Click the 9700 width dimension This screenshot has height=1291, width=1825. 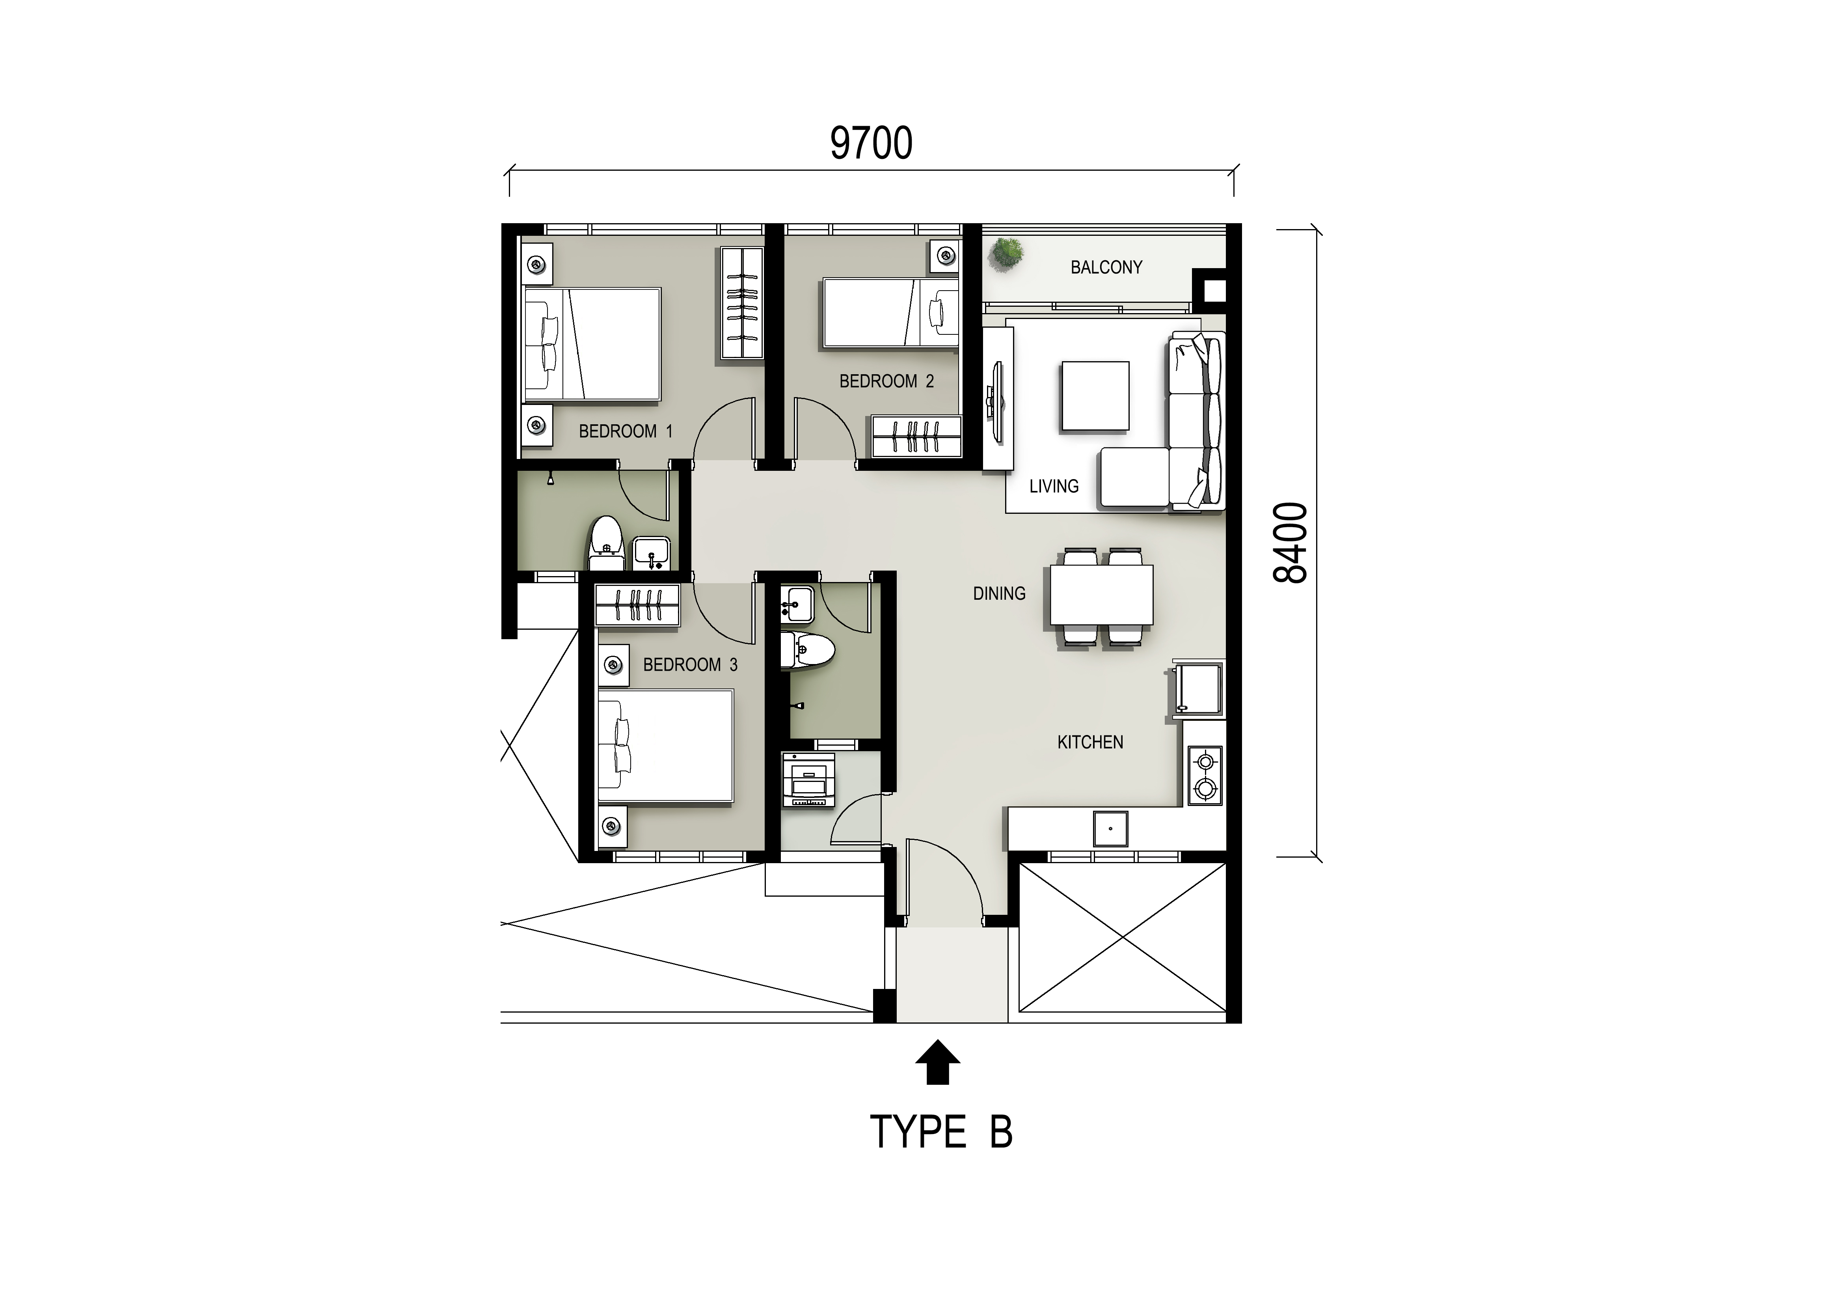pos(871,143)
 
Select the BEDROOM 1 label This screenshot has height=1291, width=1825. pos(626,431)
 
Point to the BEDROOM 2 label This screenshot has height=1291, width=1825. pos(886,381)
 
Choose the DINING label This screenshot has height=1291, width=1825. pos(999,593)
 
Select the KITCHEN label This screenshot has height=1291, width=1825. pos(1090,742)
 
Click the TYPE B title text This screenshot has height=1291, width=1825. pos(941,1131)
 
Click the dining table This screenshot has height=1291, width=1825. pos(1102,595)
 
